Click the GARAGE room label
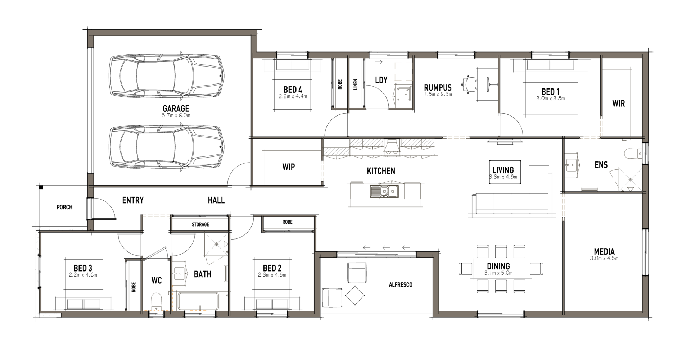click(x=176, y=108)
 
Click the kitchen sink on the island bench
click(x=384, y=191)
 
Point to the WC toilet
click(x=156, y=301)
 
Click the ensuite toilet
click(x=633, y=153)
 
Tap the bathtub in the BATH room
click(x=198, y=301)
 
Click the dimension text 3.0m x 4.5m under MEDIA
click(x=604, y=258)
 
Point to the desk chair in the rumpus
click(x=469, y=84)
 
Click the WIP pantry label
click(x=288, y=167)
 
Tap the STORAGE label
click(x=200, y=224)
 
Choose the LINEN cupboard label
click(x=356, y=85)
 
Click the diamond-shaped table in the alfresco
click(x=355, y=296)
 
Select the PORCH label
click(x=64, y=207)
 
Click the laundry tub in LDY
click(x=405, y=94)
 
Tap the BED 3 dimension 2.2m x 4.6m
click(x=83, y=275)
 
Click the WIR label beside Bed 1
click(x=618, y=104)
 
